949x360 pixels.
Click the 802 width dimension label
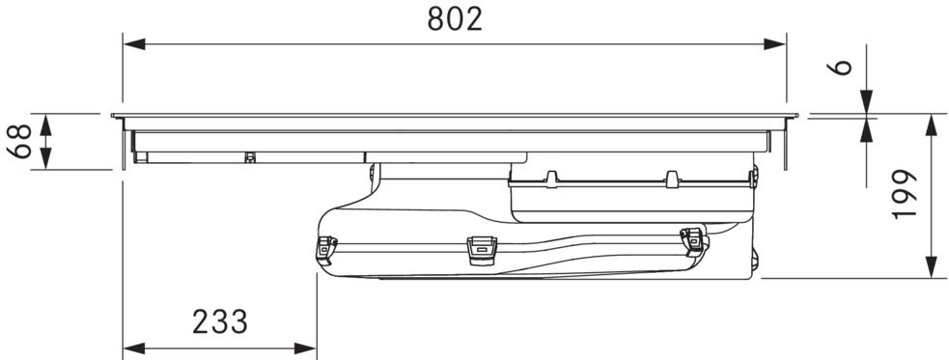coord(455,19)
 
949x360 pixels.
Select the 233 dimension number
coord(220,322)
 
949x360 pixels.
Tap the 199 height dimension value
coord(905,194)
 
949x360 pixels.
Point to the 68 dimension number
coord(20,141)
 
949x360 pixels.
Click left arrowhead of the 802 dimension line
coord(134,44)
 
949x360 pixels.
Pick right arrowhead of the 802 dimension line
coord(774,44)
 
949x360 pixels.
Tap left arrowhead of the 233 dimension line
coord(134,348)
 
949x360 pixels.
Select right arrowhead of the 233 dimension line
coord(305,348)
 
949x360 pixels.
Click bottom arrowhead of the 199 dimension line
coord(932,267)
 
